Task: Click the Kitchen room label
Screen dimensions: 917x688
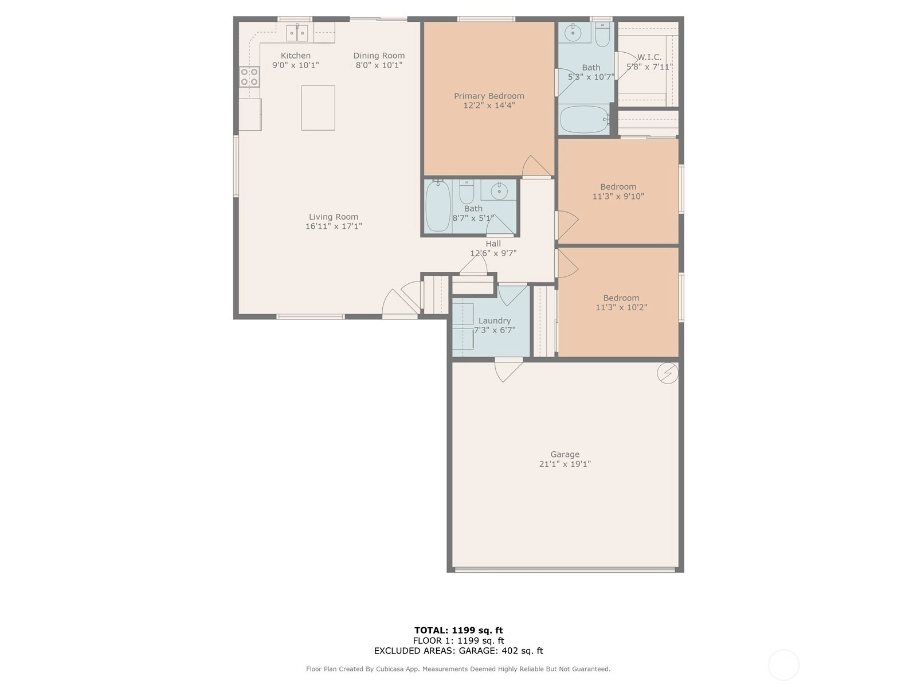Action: tap(295, 56)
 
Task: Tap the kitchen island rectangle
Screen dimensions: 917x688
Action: tap(318, 108)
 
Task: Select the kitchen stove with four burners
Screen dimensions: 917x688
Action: tap(249, 77)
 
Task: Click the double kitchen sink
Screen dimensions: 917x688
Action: tap(297, 33)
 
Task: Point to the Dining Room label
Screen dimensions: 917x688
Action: tap(379, 56)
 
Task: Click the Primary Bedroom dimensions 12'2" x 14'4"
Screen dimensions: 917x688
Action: tap(489, 105)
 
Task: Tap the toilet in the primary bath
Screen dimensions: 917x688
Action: tap(602, 34)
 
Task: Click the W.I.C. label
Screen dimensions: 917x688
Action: tap(649, 57)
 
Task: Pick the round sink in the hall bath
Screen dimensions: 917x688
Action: tap(499, 191)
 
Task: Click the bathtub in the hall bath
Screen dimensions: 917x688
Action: tap(438, 206)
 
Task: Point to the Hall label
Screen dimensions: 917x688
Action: tap(493, 244)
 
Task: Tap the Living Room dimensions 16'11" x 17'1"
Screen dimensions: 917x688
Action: tap(334, 226)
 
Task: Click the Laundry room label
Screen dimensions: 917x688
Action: tap(495, 321)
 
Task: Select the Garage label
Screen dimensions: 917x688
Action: tap(565, 454)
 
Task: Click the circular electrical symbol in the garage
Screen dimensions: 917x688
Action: tap(668, 373)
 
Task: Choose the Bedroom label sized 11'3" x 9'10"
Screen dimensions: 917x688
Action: tap(618, 187)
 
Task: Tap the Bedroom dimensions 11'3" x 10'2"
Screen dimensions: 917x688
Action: tap(621, 307)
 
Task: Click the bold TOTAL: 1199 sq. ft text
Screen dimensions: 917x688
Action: tap(458, 630)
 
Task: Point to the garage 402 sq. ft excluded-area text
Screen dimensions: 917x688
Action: tap(501, 650)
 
